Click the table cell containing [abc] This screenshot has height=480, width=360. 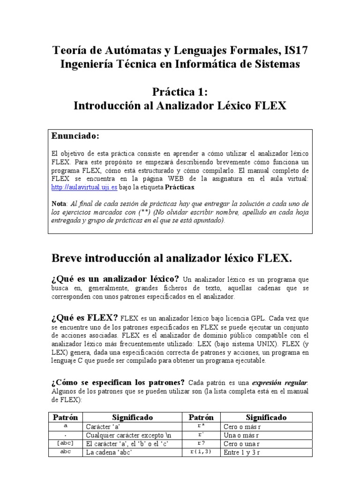coord(65,443)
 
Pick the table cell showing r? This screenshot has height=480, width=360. coord(200,443)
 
